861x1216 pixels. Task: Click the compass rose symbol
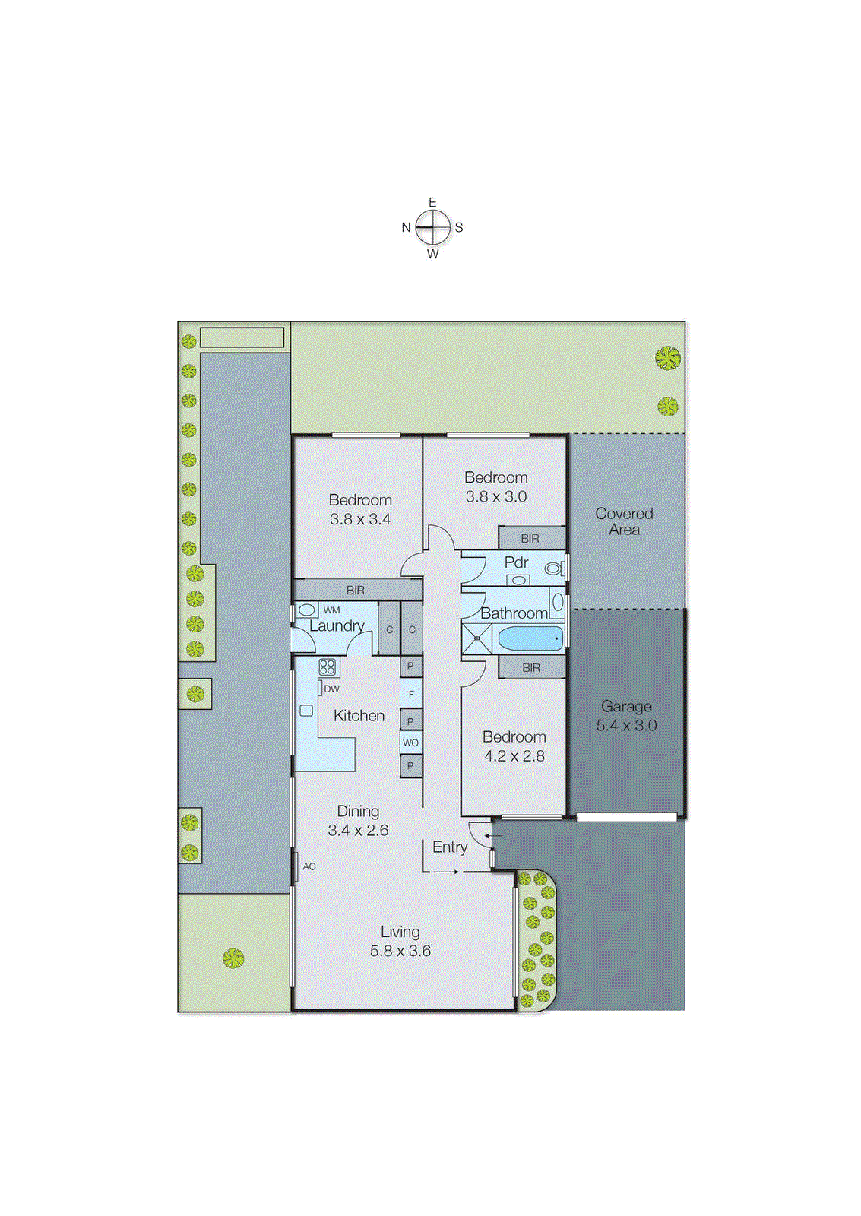[432, 227]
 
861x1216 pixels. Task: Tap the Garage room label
[626, 706]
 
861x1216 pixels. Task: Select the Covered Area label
[624, 521]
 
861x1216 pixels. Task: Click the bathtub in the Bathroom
[530, 638]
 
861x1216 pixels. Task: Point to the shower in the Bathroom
[476, 638]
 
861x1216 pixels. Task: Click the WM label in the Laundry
[331, 610]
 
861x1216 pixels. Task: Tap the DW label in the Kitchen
[332, 689]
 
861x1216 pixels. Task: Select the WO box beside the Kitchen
[410, 743]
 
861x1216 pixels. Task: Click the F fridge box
[411, 694]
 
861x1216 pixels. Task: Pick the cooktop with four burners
[328, 667]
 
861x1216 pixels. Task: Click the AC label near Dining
[309, 866]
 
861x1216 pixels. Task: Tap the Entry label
[450, 847]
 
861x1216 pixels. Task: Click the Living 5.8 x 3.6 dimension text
[400, 951]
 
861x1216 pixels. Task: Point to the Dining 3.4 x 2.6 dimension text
[358, 831]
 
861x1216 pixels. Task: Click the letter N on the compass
[406, 227]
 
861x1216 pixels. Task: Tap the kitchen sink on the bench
[306, 711]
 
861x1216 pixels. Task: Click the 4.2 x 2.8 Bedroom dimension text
[514, 756]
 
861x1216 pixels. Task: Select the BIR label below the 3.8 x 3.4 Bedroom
[356, 590]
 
